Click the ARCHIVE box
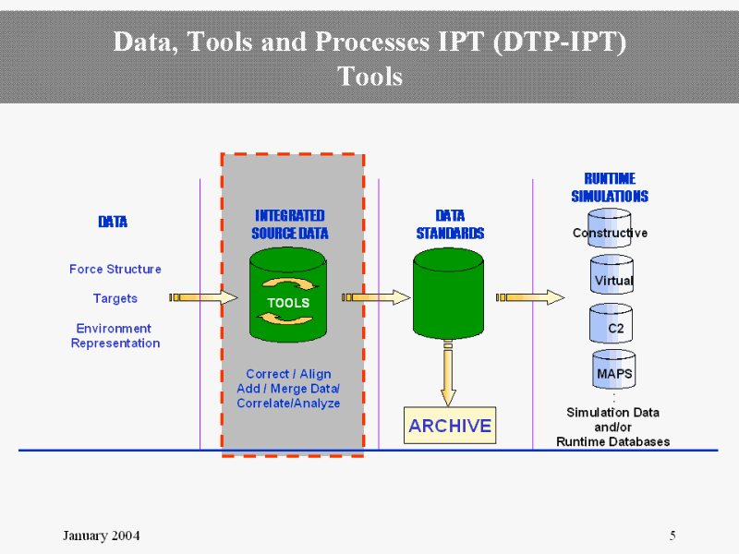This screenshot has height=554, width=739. click(x=450, y=426)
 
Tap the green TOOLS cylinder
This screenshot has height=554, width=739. click(x=288, y=295)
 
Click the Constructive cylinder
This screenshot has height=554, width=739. click(x=610, y=231)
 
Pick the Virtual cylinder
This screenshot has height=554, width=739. click(x=612, y=276)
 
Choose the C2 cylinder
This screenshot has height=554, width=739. click(x=612, y=324)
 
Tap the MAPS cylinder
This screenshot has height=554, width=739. click(x=612, y=371)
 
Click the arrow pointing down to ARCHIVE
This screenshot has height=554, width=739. click(x=448, y=374)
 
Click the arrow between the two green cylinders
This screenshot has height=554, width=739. click(x=376, y=297)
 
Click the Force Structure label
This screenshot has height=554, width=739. click(x=115, y=269)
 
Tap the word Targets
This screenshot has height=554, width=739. click(x=115, y=298)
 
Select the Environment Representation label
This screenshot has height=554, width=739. click(x=115, y=336)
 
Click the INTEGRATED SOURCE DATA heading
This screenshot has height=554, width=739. click(x=290, y=224)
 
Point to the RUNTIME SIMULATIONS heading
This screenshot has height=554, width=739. click(x=610, y=187)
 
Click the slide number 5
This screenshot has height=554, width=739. click(x=672, y=536)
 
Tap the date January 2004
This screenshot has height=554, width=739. click(x=102, y=536)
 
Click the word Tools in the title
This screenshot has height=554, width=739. click(x=370, y=75)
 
